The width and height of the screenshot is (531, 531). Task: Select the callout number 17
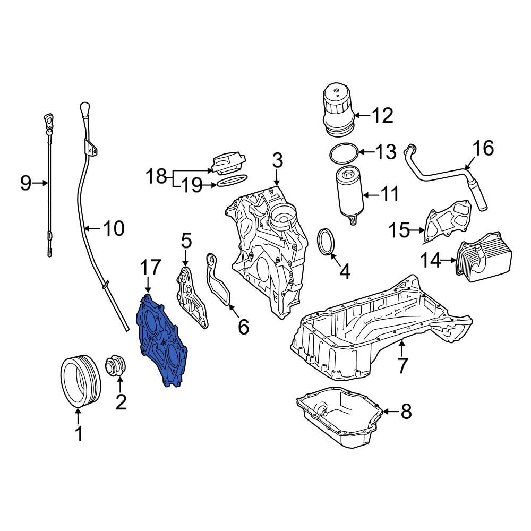[150, 268]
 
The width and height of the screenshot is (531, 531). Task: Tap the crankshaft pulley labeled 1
[81, 381]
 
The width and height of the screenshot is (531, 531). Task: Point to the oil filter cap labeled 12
[338, 111]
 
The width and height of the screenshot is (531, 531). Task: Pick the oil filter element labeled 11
[349, 195]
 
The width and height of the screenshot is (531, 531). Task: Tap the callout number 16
[484, 148]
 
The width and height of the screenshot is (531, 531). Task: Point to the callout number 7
[402, 365]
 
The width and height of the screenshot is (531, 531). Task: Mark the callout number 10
[114, 228]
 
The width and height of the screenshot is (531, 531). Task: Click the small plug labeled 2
[115, 366]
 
